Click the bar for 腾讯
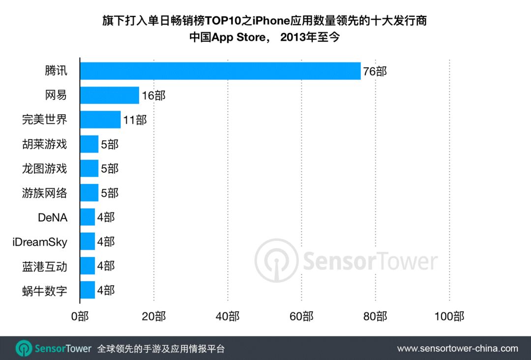pos(220,71)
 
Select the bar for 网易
pos(110,95)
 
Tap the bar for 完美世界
pos(100,120)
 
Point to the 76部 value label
pos(375,71)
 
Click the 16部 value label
pos(153,96)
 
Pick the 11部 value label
pos(135,120)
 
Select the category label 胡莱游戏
pos(44,144)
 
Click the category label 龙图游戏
pos(44,169)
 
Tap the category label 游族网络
pos(44,193)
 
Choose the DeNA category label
pos(52,217)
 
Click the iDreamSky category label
pos(40,241)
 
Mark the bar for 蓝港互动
pos(88,266)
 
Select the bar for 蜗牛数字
pos(88,290)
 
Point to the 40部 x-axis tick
pos(228,316)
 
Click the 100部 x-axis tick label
pos(449,316)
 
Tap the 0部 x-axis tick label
pos(80,316)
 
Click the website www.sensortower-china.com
pos(457,348)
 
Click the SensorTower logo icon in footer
pos(24,348)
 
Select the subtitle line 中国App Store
pos(265,37)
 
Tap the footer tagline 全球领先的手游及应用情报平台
pos(161,349)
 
